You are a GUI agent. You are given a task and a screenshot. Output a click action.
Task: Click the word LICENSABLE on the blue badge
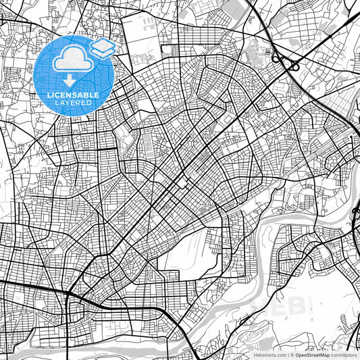pyautogui.click(x=72, y=95)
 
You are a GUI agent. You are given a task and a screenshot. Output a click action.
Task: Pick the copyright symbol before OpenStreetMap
pyautogui.click(x=292, y=354)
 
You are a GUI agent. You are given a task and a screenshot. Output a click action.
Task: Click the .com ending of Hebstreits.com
pyautogui.click(x=278, y=354)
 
